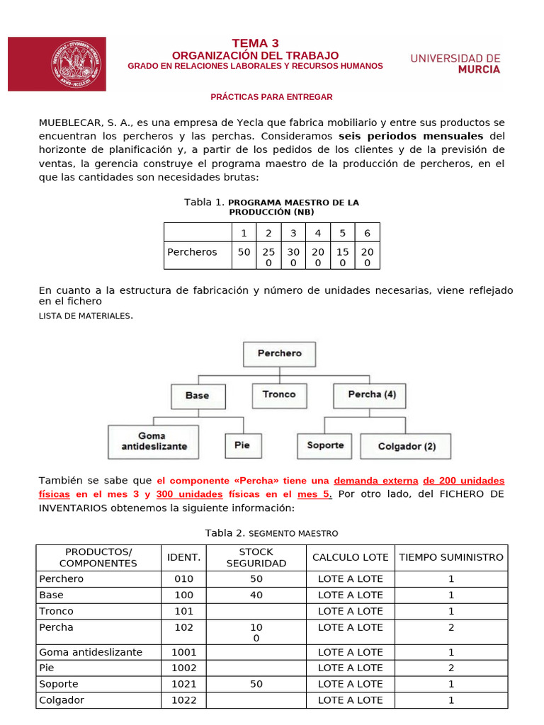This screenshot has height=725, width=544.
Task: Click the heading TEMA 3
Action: (x=255, y=43)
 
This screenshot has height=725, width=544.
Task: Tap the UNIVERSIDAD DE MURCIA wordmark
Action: (x=455, y=64)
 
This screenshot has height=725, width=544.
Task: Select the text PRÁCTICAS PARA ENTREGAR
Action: (x=272, y=97)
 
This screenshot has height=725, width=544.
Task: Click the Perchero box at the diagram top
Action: (x=279, y=353)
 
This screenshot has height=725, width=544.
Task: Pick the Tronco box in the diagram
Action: (x=278, y=395)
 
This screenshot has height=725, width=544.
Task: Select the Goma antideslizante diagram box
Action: (x=154, y=441)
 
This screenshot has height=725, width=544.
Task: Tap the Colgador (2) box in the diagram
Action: (x=407, y=447)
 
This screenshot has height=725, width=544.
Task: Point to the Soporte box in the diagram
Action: (x=325, y=445)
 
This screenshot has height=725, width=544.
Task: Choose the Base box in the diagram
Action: (x=197, y=396)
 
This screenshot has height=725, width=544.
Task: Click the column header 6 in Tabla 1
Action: (x=367, y=233)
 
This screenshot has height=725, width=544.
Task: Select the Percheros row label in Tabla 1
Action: (x=192, y=252)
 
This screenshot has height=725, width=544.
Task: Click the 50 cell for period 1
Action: (x=244, y=252)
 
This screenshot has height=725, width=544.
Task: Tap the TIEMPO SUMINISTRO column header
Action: (x=451, y=557)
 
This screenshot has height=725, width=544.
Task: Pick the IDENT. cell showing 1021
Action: (x=183, y=684)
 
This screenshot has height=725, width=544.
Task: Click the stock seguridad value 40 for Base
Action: (x=256, y=595)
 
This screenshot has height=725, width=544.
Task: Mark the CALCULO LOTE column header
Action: (x=350, y=557)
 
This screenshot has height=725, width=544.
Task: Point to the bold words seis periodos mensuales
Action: (x=411, y=135)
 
